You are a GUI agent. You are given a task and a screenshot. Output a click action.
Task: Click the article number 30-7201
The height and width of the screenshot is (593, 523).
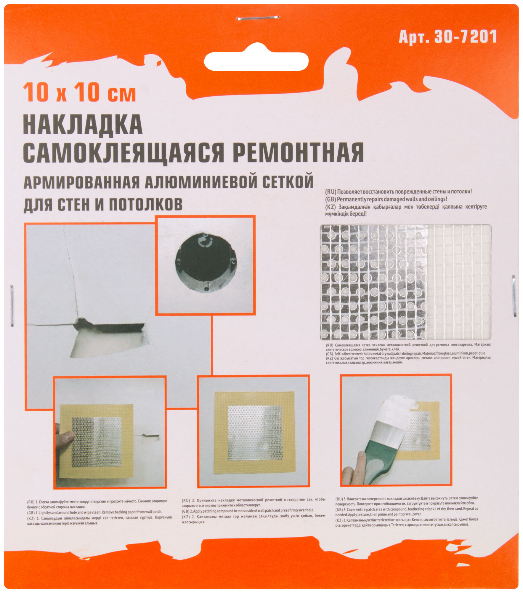pos(465,37)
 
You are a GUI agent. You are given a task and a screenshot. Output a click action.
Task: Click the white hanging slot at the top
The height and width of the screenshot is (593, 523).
pos(256,62)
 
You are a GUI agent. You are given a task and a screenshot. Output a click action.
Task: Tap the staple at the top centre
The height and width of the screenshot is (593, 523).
pos(258,18)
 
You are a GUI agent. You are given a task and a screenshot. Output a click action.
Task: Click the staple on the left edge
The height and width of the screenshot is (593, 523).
pos(12,305)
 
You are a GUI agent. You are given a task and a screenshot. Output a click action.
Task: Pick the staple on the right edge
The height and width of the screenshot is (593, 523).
pos(514,296)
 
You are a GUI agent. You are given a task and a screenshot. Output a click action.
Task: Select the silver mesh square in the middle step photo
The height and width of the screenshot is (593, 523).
pos(255,433)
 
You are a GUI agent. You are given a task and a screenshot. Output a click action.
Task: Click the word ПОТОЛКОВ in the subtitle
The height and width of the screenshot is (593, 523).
pos(146,205)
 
